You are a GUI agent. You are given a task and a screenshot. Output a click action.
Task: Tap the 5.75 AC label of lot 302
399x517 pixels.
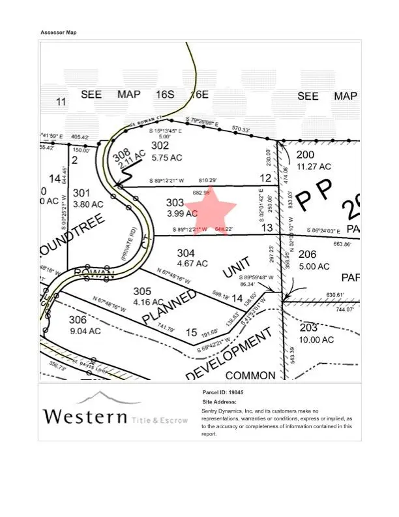(x=166, y=157)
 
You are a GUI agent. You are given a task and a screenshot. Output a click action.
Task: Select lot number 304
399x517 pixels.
(x=186, y=253)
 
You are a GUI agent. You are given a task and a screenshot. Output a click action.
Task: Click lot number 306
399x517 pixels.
(x=78, y=319)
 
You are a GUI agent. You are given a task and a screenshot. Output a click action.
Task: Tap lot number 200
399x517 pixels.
(x=305, y=155)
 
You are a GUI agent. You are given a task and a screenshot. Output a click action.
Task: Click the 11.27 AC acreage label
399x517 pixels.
(x=314, y=166)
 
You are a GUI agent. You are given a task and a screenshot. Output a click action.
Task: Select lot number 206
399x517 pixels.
(x=308, y=254)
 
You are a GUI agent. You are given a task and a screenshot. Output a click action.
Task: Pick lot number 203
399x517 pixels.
(x=308, y=327)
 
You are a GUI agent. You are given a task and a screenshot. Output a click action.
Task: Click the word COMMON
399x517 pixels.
(x=251, y=376)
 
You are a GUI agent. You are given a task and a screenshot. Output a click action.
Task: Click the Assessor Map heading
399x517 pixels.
(x=59, y=33)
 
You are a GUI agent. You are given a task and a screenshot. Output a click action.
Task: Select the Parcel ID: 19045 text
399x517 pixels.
(x=223, y=393)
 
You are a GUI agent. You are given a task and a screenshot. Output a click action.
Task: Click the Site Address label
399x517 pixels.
(x=220, y=402)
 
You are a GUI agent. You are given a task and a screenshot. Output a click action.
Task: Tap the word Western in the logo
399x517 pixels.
(x=84, y=416)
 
